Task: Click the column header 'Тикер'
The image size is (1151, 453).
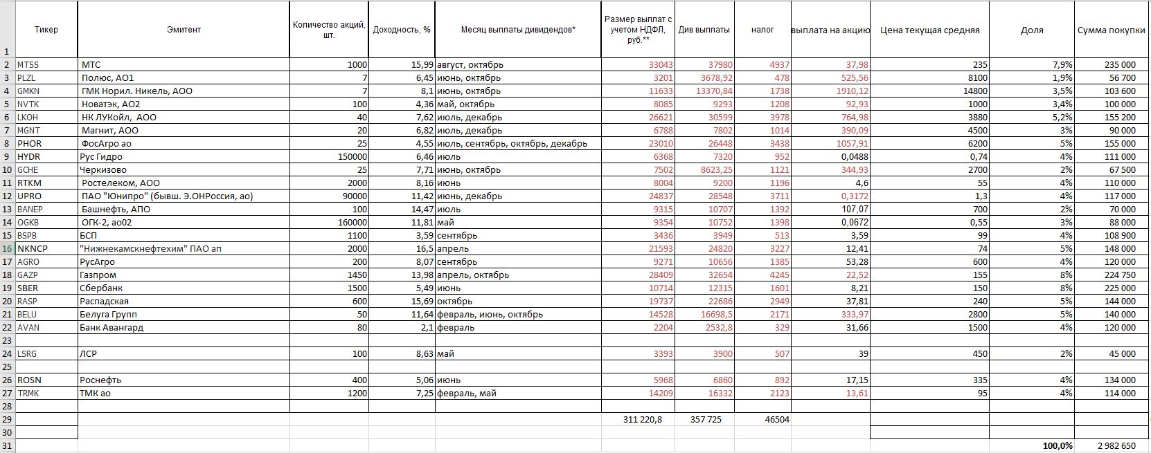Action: tap(46, 30)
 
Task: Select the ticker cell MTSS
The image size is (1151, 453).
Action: tap(28, 65)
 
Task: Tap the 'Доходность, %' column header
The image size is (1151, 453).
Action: tap(402, 30)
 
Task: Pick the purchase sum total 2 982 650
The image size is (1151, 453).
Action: tap(1116, 446)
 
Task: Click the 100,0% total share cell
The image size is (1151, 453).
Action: tap(1058, 446)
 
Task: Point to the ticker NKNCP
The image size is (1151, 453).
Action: tap(33, 249)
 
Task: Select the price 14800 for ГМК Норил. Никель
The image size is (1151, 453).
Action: tap(974, 91)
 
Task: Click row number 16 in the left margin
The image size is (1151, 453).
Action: tap(7, 249)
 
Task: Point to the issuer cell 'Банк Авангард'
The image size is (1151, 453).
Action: tap(111, 328)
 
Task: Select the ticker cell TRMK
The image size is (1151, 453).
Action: tap(28, 394)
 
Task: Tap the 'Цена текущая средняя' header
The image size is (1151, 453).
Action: tap(929, 30)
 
